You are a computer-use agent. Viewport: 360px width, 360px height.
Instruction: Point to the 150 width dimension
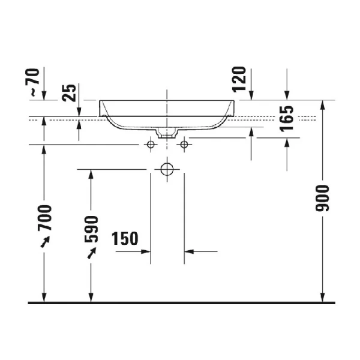[125, 239]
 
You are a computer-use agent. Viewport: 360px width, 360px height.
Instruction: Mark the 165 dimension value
[287, 119]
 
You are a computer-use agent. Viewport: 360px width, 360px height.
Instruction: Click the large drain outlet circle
[166, 170]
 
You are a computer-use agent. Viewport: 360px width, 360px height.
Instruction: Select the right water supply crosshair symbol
[184, 145]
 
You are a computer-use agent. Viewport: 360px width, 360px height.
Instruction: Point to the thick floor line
[180, 302]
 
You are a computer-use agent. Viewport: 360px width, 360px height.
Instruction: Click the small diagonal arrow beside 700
[44, 241]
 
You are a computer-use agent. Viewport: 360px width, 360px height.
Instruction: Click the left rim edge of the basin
[100, 108]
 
